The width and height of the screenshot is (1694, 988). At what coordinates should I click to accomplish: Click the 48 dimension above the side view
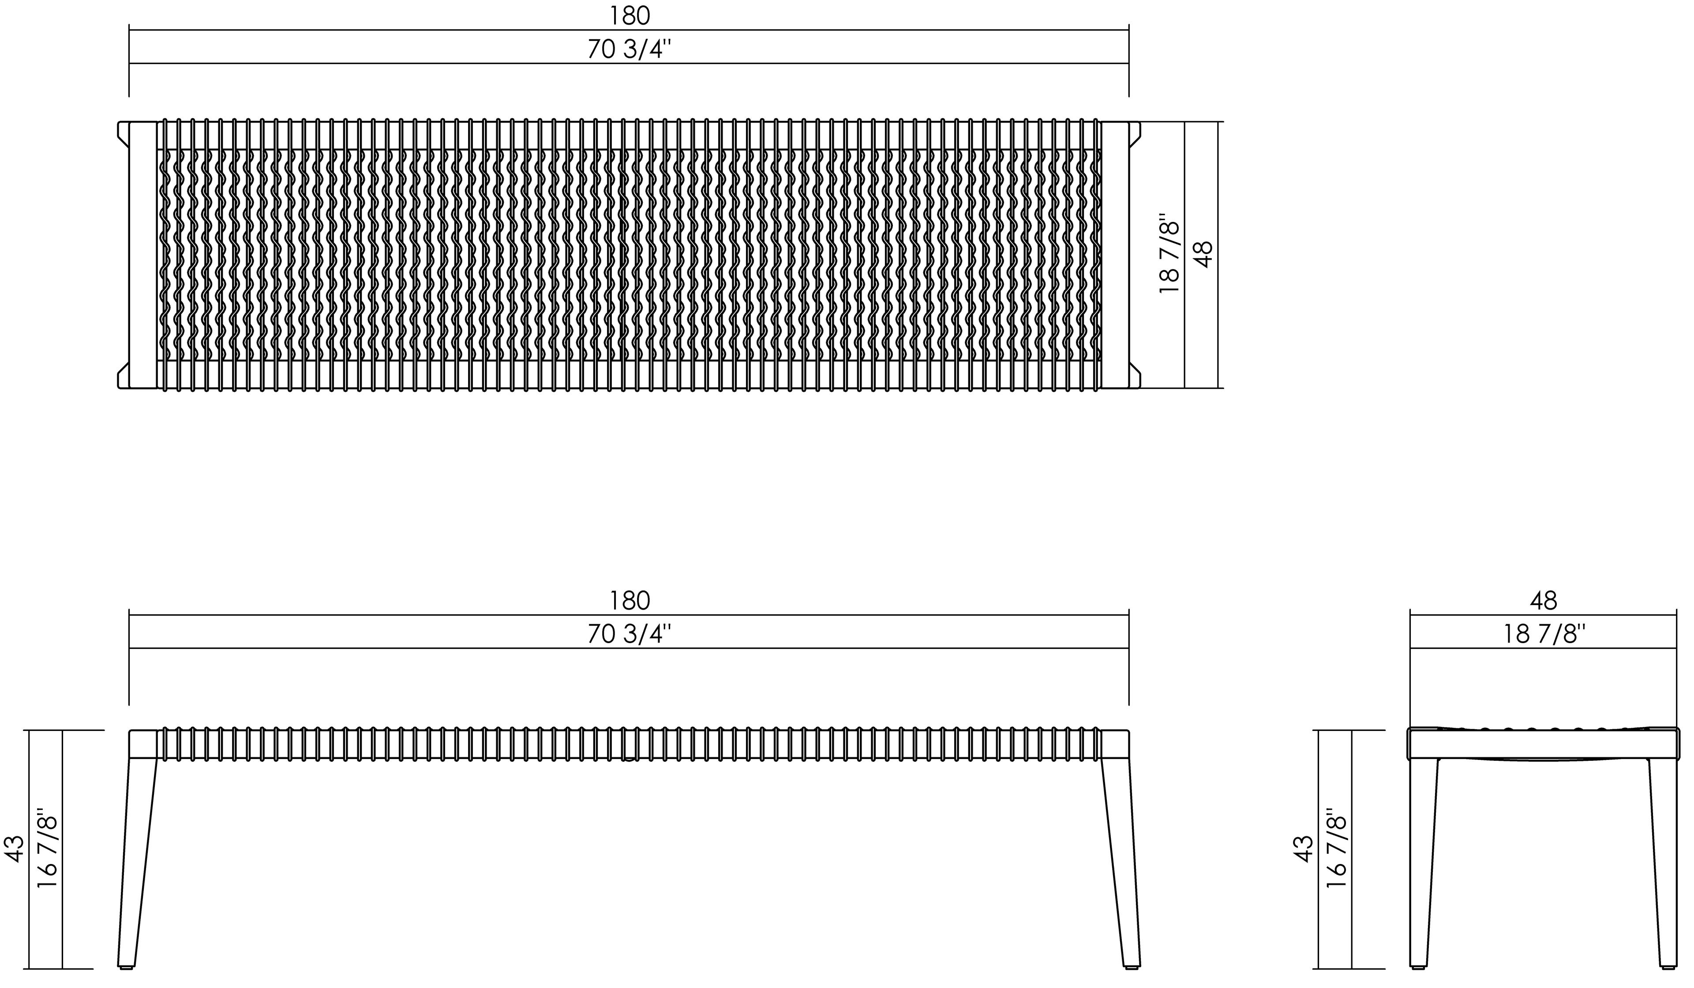(x=1544, y=601)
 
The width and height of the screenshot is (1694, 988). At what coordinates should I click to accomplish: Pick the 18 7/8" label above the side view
(x=1544, y=634)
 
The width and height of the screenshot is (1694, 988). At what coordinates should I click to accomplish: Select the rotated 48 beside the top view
(x=1204, y=255)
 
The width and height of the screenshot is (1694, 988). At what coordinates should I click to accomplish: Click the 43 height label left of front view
(x=15, y=848)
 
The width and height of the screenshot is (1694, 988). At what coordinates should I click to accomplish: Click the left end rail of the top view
(x=142, y=255)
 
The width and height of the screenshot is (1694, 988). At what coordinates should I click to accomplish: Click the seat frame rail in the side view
(x=1544, y=745)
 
